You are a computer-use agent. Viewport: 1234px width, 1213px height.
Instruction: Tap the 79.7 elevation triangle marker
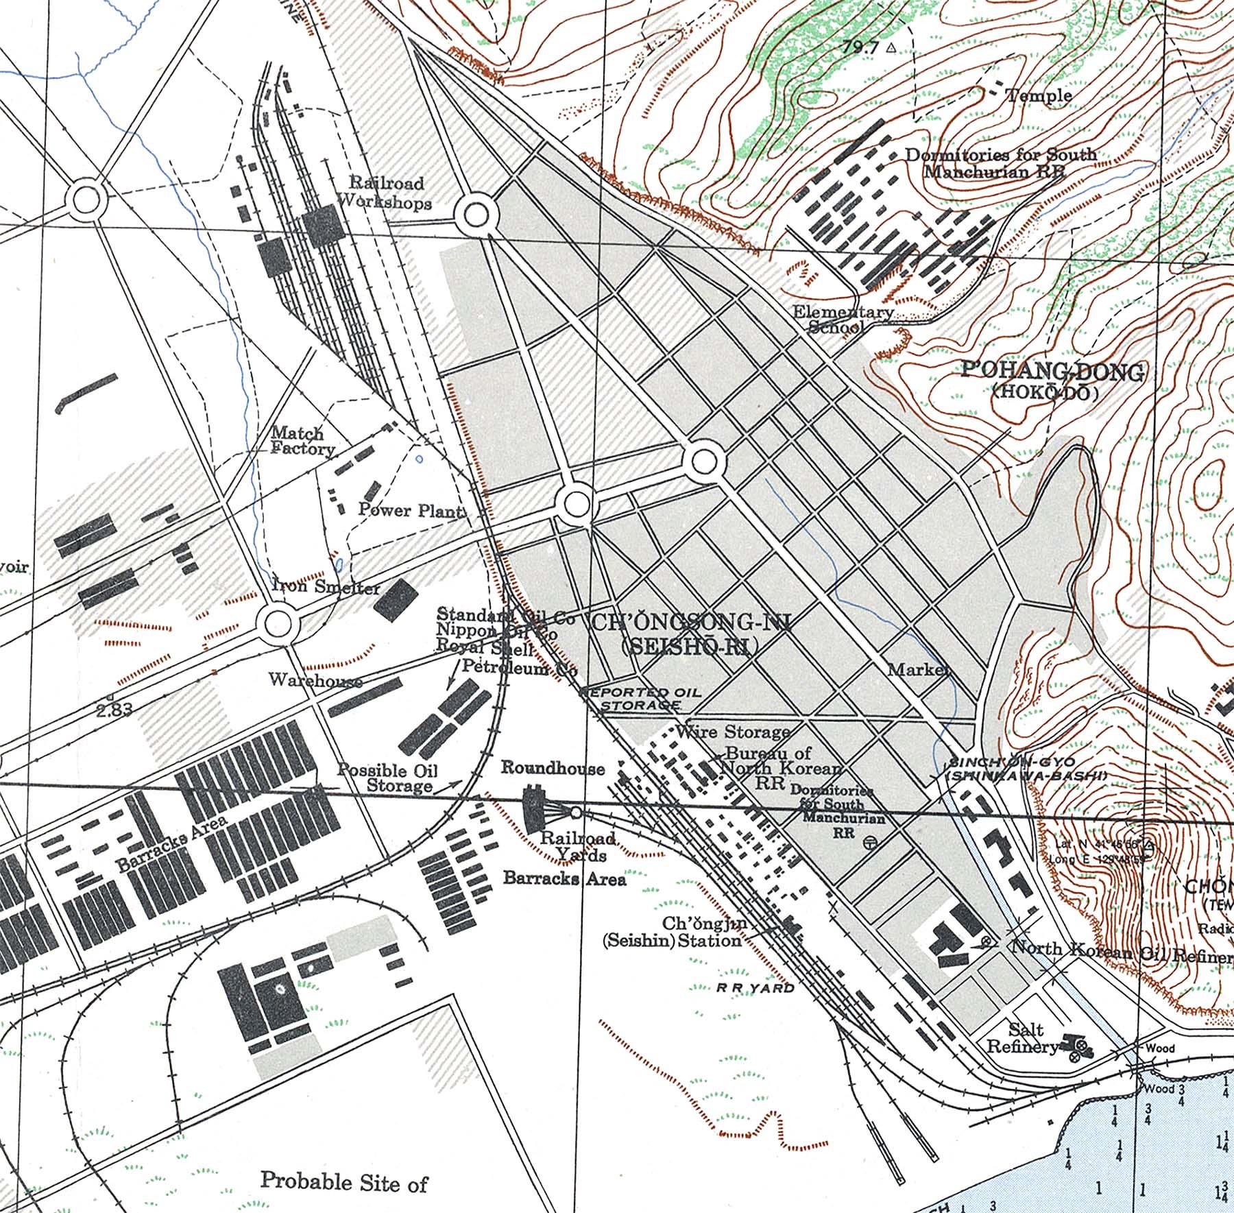(891, 48)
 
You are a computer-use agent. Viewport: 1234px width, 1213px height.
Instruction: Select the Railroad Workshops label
(386, 193)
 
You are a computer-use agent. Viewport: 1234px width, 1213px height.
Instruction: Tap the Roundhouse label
(553, 768)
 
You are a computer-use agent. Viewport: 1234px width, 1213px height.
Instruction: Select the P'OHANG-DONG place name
(1052, 372)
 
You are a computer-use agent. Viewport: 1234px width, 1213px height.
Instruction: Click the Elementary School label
(842, 320)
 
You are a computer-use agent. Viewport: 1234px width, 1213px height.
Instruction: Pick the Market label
(919, 669)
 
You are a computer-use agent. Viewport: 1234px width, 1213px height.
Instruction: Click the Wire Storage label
(733, 732)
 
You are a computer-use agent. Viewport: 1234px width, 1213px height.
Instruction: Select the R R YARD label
(755, 988)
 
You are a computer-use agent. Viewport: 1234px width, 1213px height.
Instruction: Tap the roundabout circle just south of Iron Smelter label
(278, 623)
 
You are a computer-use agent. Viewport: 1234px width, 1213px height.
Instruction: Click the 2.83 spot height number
(114, 710)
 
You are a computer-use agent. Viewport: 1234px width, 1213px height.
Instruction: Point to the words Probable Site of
(344, 1181)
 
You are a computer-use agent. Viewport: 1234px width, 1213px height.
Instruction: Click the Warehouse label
(315, 680)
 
